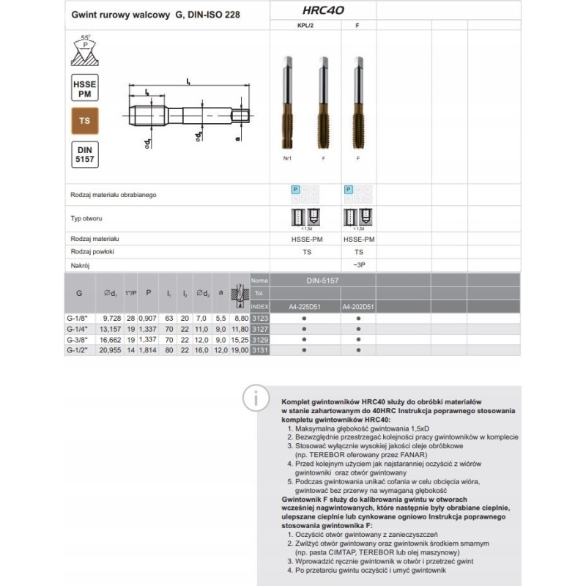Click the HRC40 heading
pyautogui.click(x=323, y=11)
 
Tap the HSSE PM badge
pyautogui.click(x=86, y=88)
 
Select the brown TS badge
pyautogui.click(x=86, y=121)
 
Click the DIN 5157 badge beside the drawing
pyautogui.click(x=86, y=154)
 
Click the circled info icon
pyautogui.click(x=256, y=399)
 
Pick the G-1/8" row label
pyautogui.click(x=78, y=319)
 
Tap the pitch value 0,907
pyautogui.click(x=148, y=319)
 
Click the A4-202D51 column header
pyautogui.click(x=358, y=306)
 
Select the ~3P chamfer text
pyautogui.click(x=358, y=264)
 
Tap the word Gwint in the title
pyautogui.click(x=84, y=15)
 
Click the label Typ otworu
pyautogui.click(x=86, y=218)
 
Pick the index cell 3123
pyautogui.click(x=260, y=319)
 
